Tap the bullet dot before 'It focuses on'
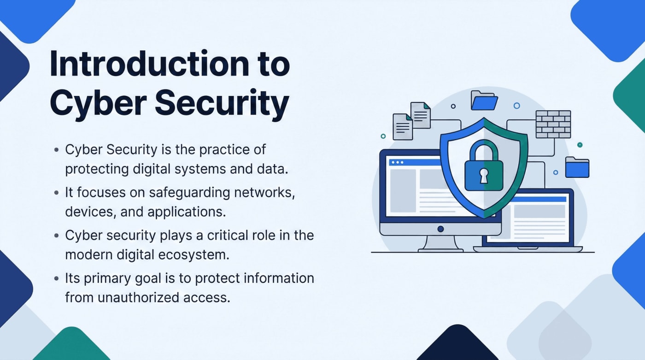pyautogui.click(x=56, y=193)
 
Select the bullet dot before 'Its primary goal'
pyautogui.click(x=56, y=278)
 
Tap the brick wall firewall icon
pyautogui.click(x=553, y=124)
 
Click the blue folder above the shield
pyautogui.click(x=484, y=100)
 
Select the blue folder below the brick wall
pyautogui.click(x=577, y=168)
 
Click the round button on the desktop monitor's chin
pyautogui.click(x=440, y=229)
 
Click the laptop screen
pyautogui.click(x=539, y=219)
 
